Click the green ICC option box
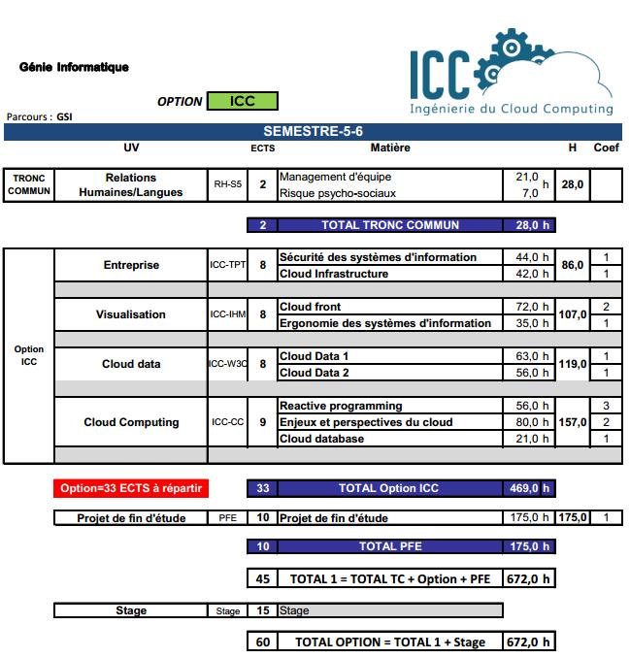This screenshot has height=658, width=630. (242, 101)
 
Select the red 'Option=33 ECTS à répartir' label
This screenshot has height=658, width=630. (131, 488)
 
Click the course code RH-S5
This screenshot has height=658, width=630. (227, 183)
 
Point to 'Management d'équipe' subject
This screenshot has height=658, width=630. (335, 177)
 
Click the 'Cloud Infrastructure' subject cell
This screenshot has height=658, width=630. (334, 274)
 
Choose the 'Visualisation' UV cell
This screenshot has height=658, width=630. (130, 314)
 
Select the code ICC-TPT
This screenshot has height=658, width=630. (227, 265)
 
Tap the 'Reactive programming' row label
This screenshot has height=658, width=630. (340, 406)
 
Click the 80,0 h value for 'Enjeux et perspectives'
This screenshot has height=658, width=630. (531, 422)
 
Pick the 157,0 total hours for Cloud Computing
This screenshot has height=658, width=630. (573, 422)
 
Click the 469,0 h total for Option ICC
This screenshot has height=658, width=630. (529, 488)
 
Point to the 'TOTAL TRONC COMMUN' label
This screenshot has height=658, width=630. (390, 225)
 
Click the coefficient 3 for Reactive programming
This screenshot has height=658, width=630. (606, 406)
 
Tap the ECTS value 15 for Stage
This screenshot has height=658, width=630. (262, 610)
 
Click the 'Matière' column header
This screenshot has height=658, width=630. (390, 148)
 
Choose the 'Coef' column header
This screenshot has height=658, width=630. (606, 148)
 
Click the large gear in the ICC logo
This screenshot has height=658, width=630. (512, 58)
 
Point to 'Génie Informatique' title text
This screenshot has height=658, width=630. (74, 67)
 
